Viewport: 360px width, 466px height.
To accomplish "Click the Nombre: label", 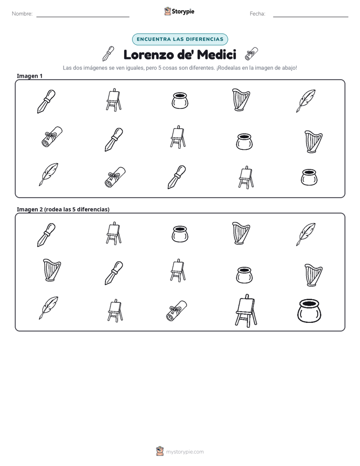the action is point(22,14).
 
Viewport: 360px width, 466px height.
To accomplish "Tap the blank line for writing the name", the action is point(83,17).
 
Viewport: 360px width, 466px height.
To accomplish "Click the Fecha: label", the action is point(257,14).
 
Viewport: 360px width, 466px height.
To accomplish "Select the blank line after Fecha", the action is point(311,17).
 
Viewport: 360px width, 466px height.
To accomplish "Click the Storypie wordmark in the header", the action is point(183,12).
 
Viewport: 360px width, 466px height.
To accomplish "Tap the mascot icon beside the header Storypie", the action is point(167,11).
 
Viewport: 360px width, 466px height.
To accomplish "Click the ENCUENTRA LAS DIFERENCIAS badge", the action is point(180,39).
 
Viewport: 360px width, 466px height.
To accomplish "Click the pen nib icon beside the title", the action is point(108,53).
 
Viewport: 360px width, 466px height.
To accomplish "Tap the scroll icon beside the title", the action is point(251,54).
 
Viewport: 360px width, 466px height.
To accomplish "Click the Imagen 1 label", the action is point(30,76).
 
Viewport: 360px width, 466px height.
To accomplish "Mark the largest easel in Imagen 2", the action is point(246,311).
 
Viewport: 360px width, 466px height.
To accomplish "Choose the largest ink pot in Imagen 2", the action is point(309,311).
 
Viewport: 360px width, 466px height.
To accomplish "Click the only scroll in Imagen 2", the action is point(177,311).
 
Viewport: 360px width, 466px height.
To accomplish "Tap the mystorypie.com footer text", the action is point(185,452).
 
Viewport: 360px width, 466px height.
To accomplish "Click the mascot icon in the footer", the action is point(160,451).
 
